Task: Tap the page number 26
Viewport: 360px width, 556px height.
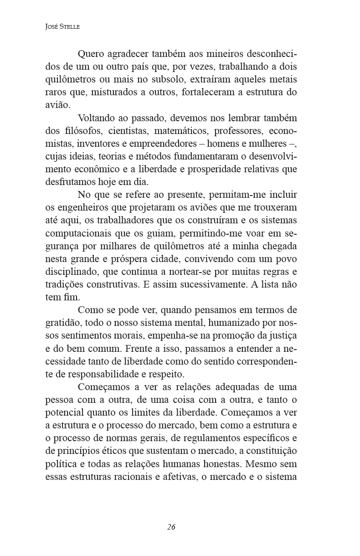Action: [171, 527]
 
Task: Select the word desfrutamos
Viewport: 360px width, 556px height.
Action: [69, 182]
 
